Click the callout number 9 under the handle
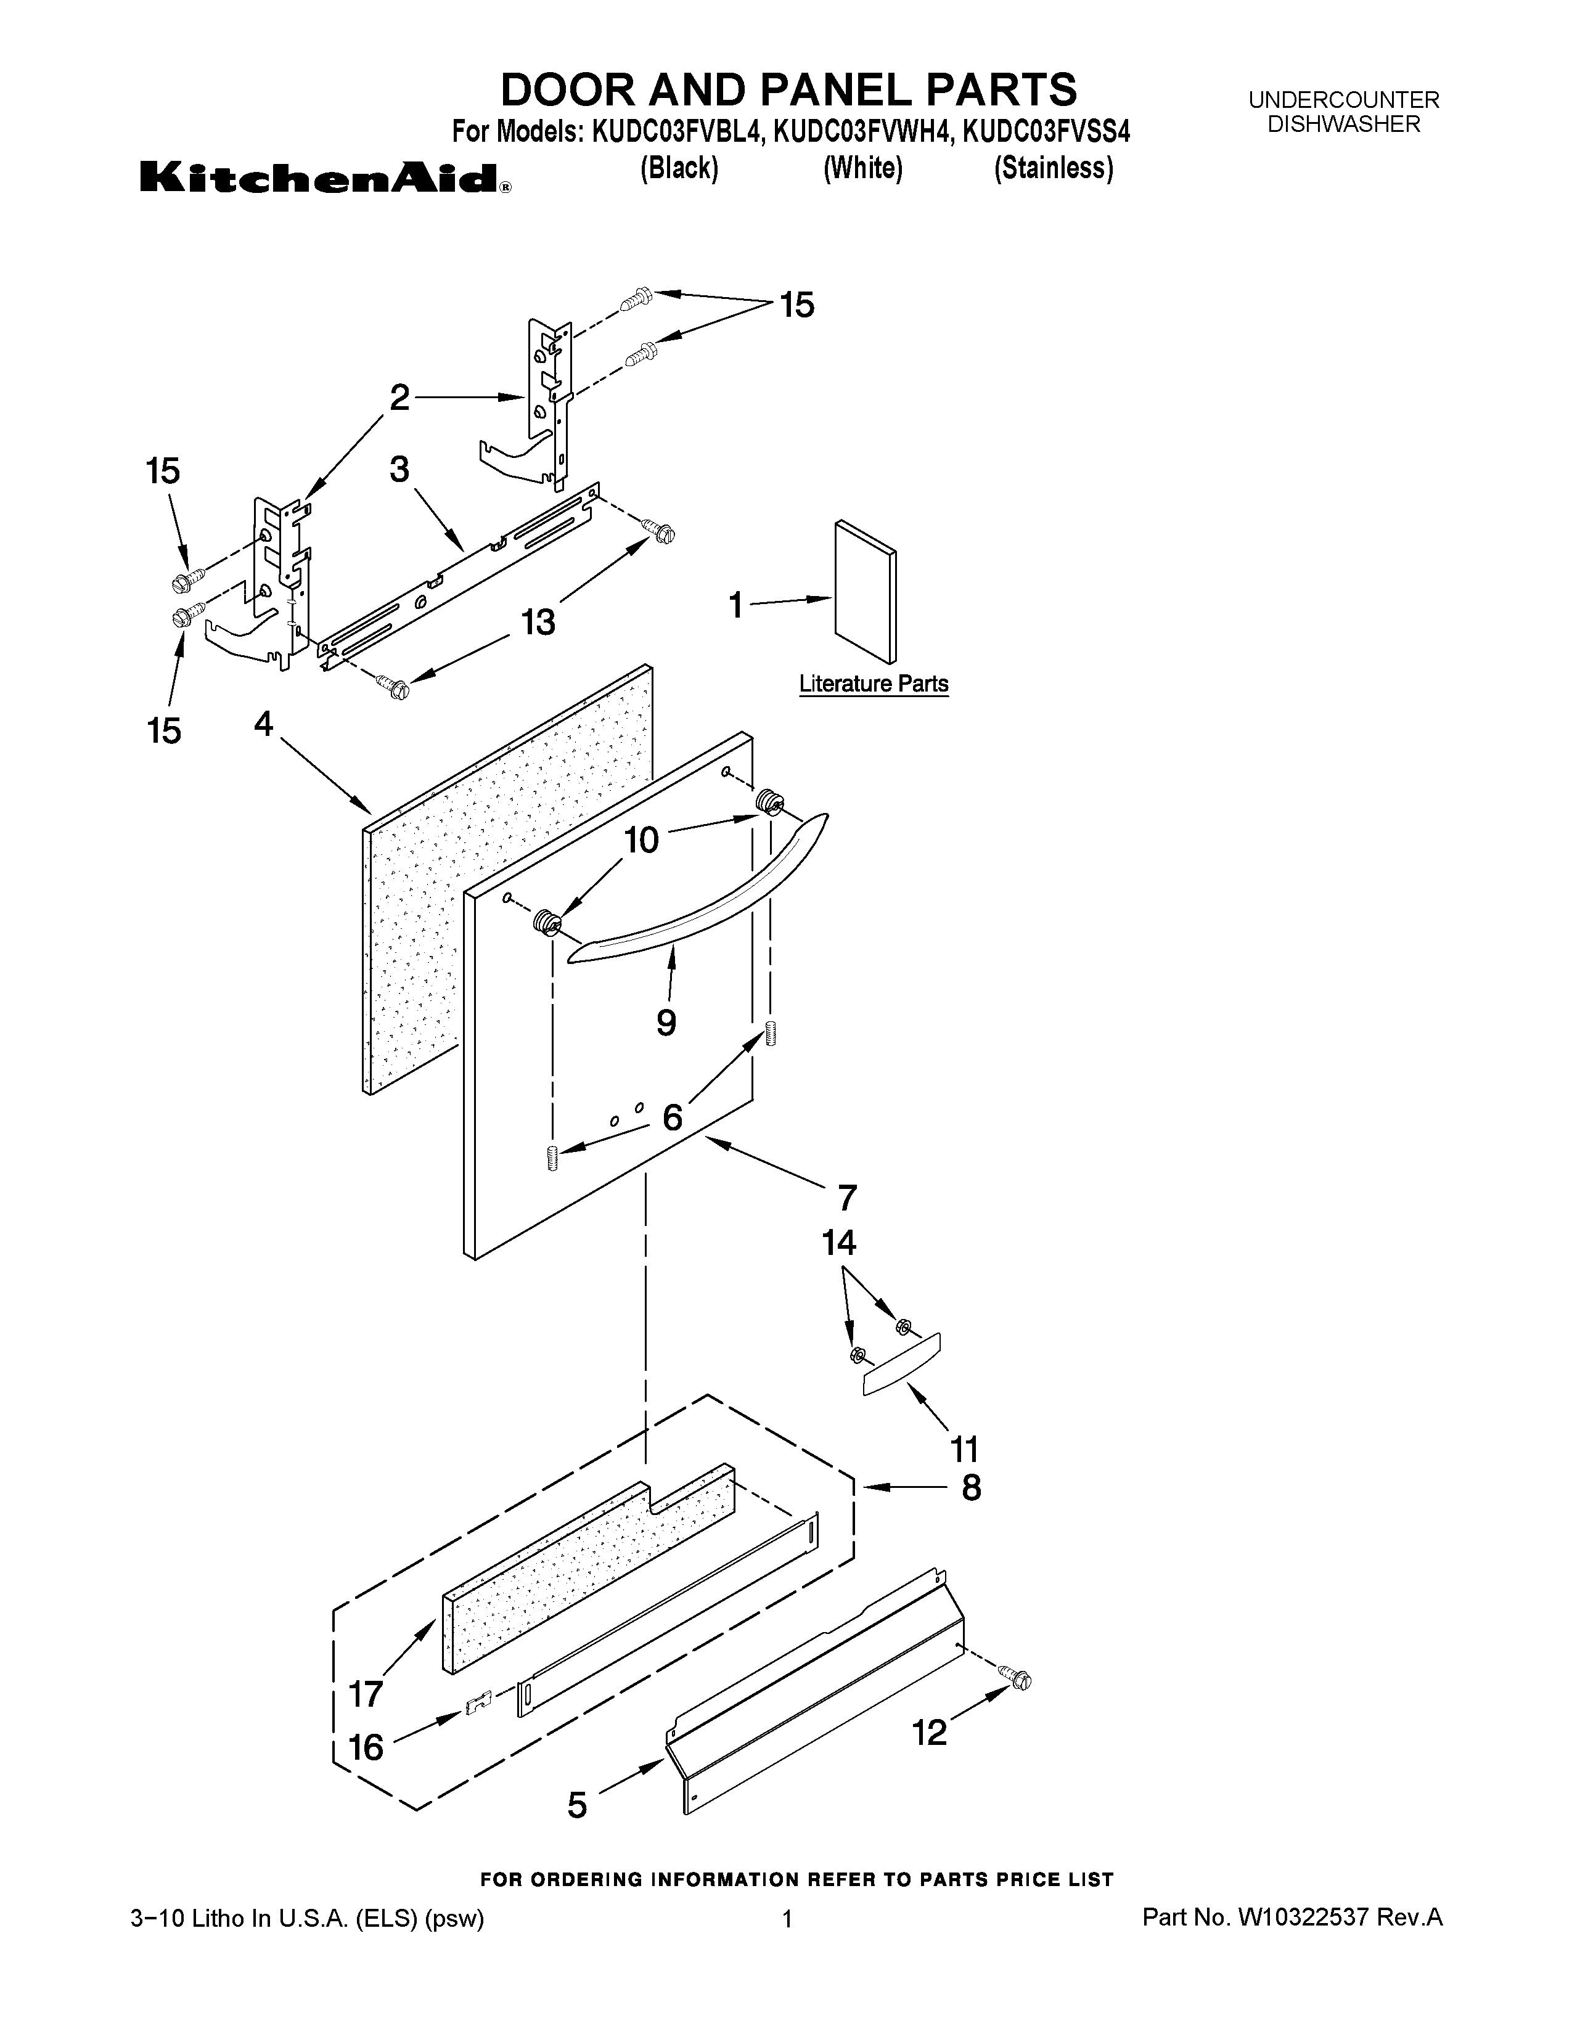tap(666, 1023)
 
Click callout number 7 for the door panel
tap(846, 1198)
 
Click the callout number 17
tap(366, 1694)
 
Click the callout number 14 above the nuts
tap(838, 1243)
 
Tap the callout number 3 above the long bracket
tap(399, 470)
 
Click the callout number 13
tap(538, 621)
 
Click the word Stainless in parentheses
tap(1054, 168)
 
